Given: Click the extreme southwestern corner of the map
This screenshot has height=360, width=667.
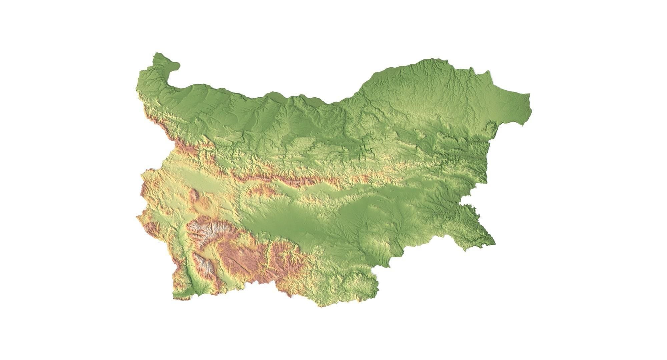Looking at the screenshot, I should pos(174,298).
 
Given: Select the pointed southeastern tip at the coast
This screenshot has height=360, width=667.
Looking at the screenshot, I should pos(495,244).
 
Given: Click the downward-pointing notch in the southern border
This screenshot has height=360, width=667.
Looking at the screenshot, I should pos(388,266).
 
